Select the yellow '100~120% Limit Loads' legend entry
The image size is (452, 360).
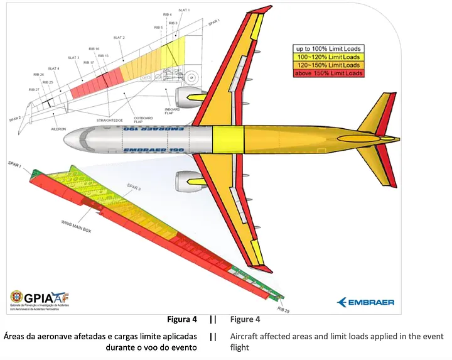click(x=329, y=57)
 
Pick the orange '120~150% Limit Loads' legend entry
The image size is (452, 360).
click(x=329, y=65)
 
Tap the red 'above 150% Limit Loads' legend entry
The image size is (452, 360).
click(x=329, y=74)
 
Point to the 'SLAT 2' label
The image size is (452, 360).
click(x=119, y=38)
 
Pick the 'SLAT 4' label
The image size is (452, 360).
click(x=54, y=68)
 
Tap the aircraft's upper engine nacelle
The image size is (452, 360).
click(x=186, y=97)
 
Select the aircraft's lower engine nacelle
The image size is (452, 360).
click(x=186, y=182)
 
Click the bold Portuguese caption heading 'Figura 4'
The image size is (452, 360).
click(x=183, y=319)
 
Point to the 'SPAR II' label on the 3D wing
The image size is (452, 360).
click(x=134, y=187)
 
